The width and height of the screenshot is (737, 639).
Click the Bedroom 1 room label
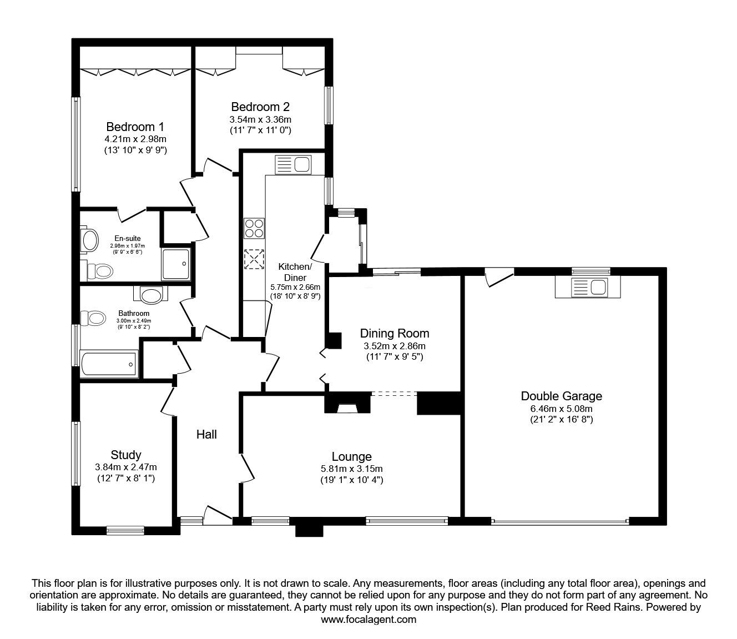(x=135, y=127)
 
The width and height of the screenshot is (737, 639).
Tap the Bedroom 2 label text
(x=260, y=107)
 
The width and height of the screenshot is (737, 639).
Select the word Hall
(x=206, y=434)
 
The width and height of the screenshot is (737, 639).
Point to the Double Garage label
(x=562, y=396)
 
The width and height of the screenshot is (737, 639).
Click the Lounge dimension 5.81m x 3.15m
(x=351, y=469)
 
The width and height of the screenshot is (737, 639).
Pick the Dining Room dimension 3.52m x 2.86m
(x=395, y=346)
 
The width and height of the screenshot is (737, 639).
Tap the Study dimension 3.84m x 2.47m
(x=126, y=467)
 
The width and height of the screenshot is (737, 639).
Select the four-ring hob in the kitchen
(x=254, y=228)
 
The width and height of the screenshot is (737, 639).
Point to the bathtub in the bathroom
(x=109, y=364)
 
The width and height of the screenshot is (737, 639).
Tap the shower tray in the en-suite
(x=176, y=264)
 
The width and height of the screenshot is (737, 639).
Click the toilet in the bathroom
(x=93, y=318)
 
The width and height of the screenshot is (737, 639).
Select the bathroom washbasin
(x=150, y=294)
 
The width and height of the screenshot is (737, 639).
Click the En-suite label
(x=127, y=238)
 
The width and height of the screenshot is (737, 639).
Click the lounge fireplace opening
(x=347, y=408)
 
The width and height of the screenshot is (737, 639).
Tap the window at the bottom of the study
(x=125, y=530)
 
